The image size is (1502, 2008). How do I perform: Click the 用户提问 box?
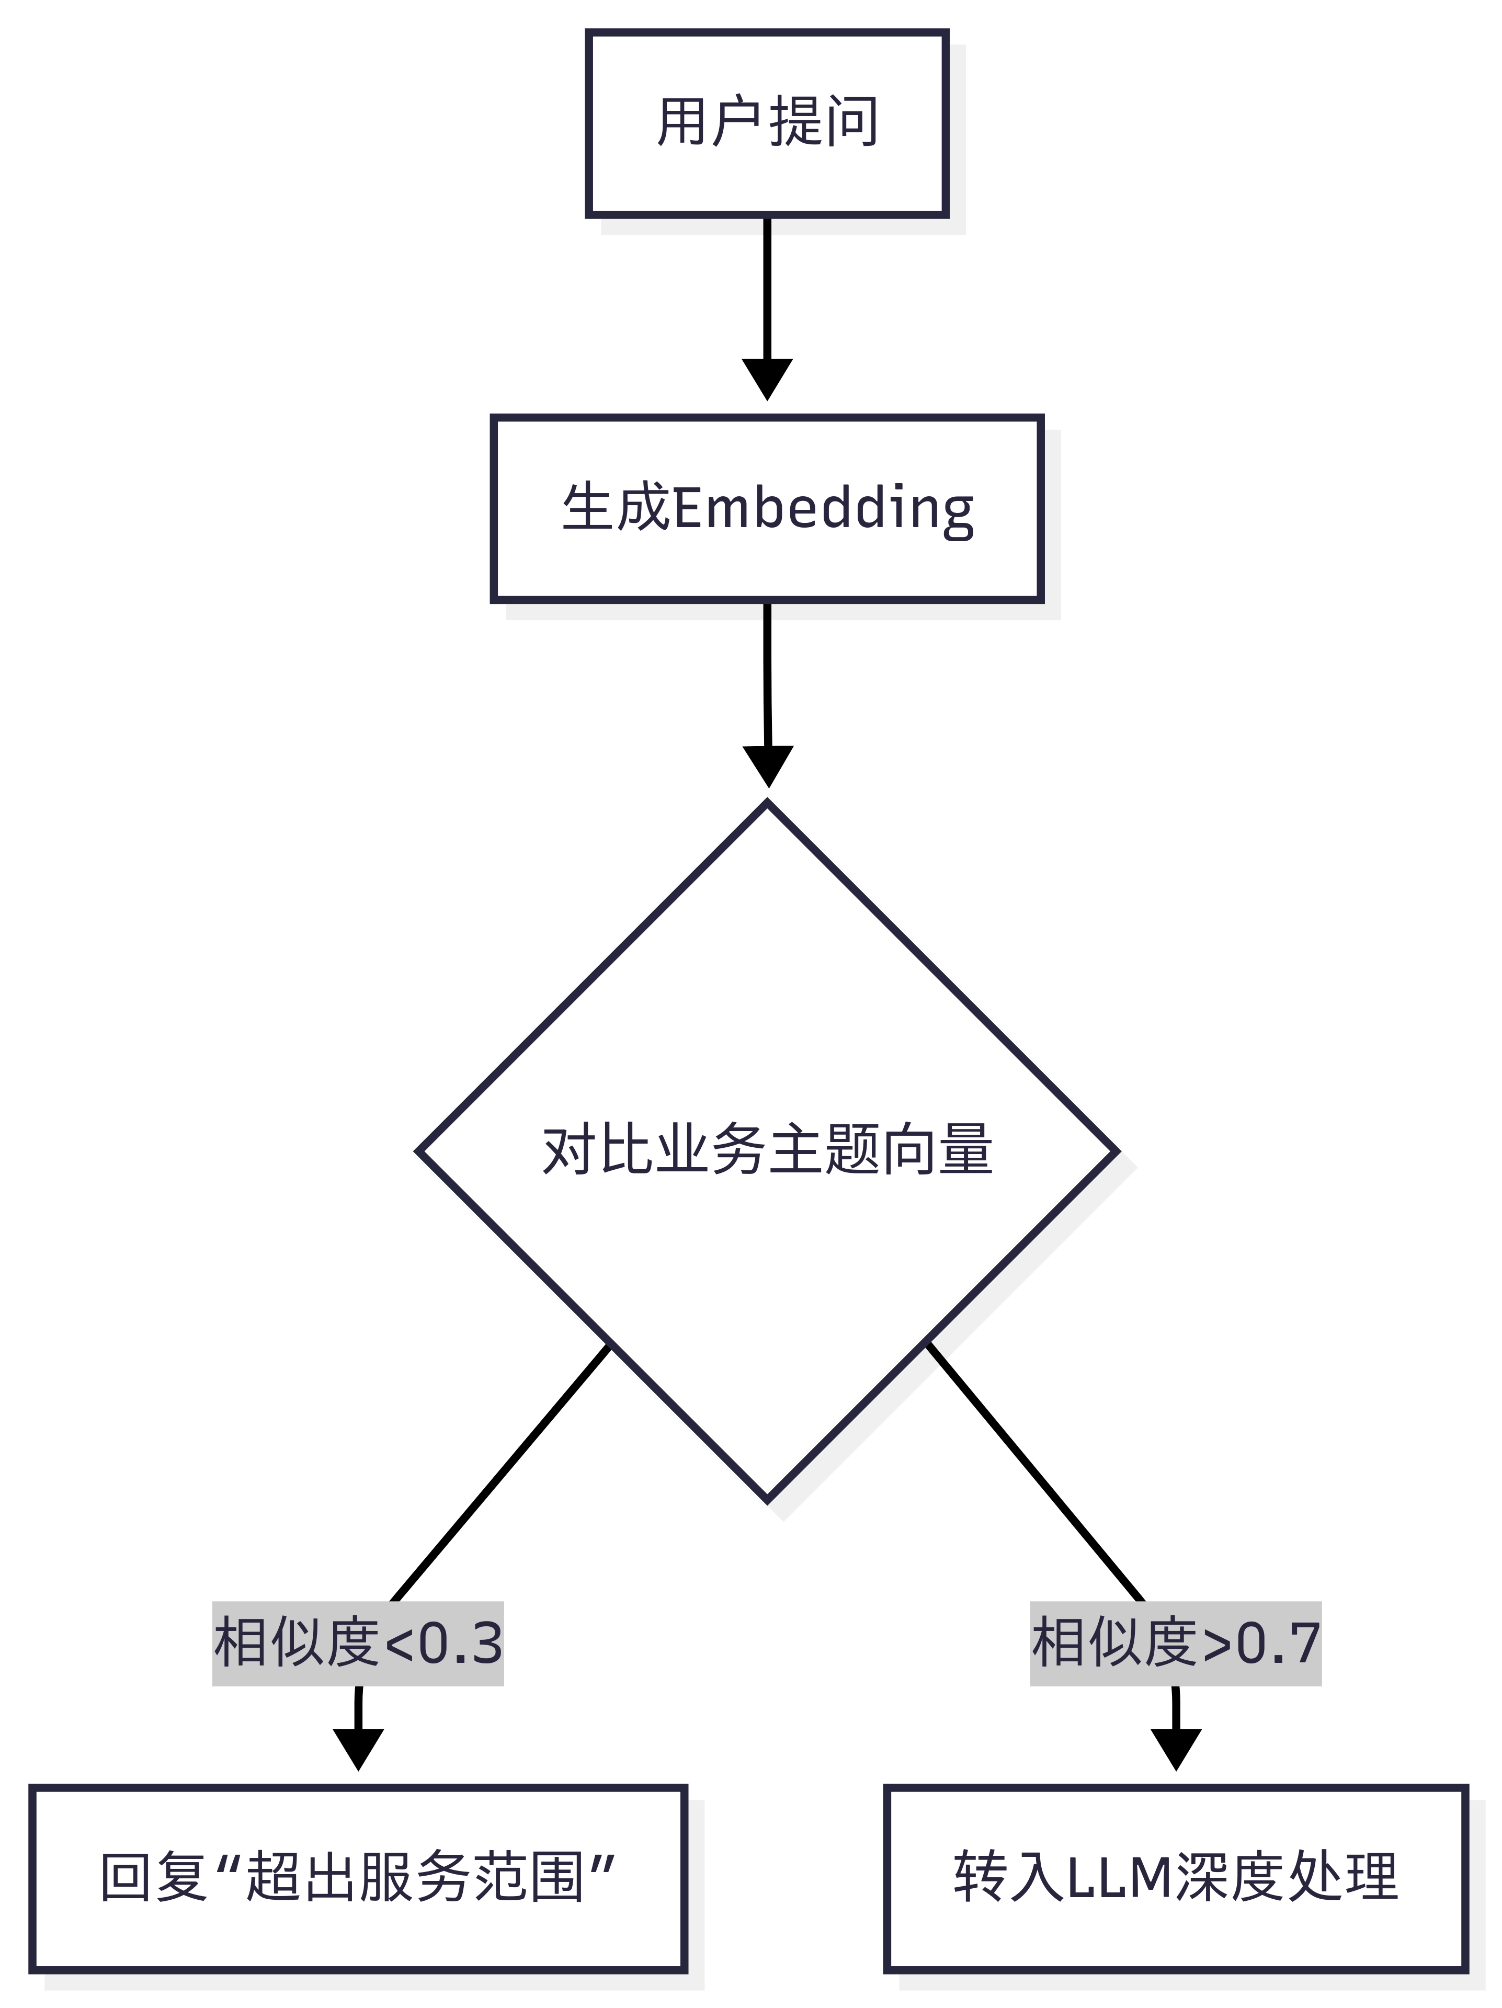tap(767, 123)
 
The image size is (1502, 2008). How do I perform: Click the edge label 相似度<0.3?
tap(358, 1643)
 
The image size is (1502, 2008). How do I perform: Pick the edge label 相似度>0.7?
tap(1175, 1643)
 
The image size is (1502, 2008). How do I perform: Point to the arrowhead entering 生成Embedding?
tap(767, 380)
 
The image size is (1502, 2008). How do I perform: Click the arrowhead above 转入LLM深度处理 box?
tap(1176, 1749)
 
